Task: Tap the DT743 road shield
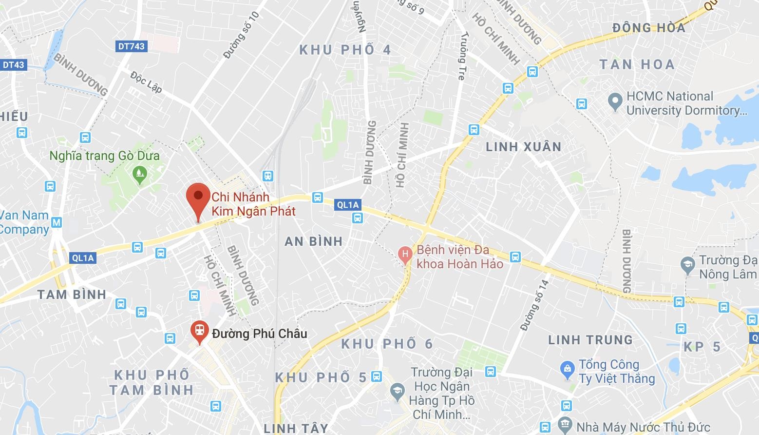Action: point(132,46)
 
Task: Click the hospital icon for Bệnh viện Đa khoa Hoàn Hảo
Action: point(404,254)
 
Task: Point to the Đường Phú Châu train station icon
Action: point(199,330)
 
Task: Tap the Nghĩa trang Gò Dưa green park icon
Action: point(140,173)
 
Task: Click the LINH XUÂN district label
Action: point(524,147)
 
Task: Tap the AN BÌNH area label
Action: point(314,241)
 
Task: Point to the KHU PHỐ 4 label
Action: point(345,50)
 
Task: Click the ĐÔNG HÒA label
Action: point(649,28)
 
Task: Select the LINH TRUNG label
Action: point(590,340)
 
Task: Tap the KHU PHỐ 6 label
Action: point(387,344)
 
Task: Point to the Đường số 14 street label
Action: point(534,305)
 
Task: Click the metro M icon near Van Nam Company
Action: point(57,223)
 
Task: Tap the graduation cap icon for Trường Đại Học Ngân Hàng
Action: point(398,391)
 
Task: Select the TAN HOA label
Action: point(637,64)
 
